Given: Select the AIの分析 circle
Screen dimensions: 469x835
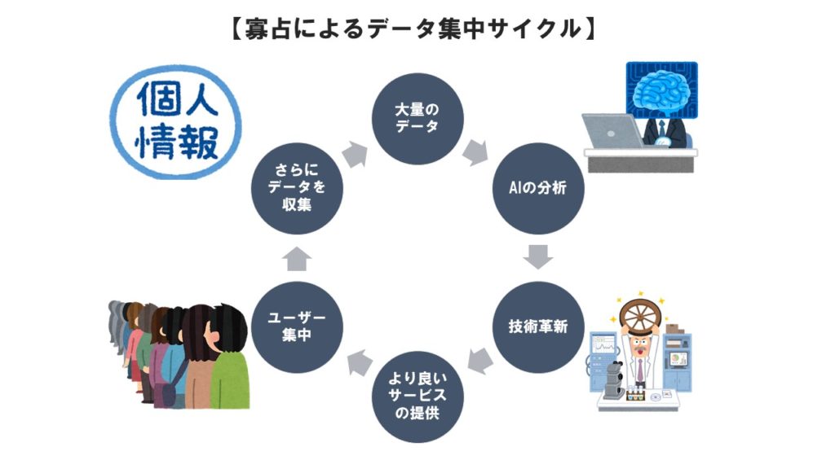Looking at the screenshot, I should coord(538,187).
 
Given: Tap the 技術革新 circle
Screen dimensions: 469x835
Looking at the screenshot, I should coord(538,327).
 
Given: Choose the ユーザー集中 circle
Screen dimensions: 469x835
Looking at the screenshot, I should coord(297,327).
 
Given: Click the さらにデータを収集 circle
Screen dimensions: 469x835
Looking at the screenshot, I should coord(297,188).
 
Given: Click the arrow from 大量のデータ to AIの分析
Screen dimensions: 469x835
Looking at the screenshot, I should coord(475,151).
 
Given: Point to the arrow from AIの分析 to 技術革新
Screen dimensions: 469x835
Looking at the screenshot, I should coord(538,257).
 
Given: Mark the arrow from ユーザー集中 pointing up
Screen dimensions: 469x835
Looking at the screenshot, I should coord(297,258).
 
